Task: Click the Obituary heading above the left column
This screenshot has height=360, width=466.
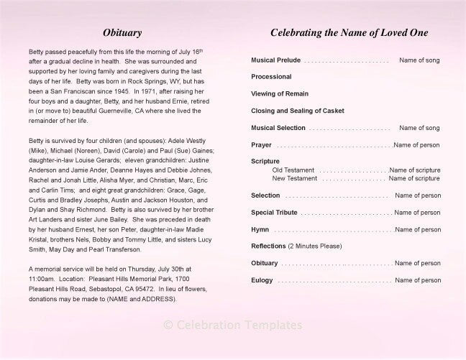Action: point(122,33)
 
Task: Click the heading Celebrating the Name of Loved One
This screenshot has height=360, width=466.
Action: point(349,33)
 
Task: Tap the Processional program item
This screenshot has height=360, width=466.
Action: point(271,76)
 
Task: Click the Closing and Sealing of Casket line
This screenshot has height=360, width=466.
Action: point(298,111)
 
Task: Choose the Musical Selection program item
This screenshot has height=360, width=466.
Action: point(278,128)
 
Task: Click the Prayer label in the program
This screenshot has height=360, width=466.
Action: point(261,145)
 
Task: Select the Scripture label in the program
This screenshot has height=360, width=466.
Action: point(265,162)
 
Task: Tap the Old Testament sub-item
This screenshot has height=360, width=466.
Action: point(293,170)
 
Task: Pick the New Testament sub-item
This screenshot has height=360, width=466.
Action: point(294,178)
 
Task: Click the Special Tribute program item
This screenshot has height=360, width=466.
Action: point(274,213)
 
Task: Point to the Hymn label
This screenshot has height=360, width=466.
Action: point(260,230)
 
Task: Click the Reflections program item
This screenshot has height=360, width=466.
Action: point(268,246)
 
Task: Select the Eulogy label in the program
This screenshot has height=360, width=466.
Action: point(262,281)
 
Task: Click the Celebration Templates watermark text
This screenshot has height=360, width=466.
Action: point(233,326)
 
